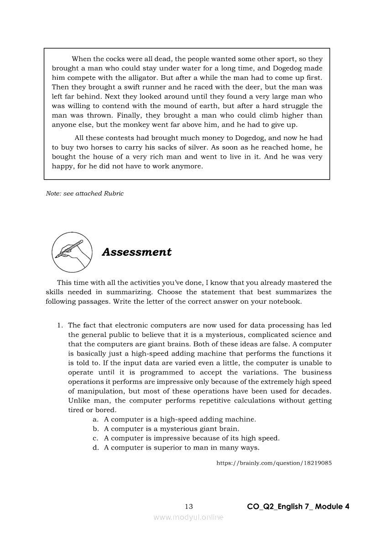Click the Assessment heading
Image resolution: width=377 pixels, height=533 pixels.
(x=136, y=252)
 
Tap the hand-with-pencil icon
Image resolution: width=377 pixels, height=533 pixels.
(x=72, y=252)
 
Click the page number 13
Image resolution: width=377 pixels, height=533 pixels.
(x=189, y=507)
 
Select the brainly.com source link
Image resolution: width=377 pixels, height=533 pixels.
(x=273, y=463)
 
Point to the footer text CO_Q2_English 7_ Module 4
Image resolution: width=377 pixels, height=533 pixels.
(x=298, y=507)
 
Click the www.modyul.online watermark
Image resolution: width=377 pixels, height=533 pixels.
(x=188, y=517)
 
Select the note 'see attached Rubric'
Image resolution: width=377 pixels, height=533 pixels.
(x=85, y=193)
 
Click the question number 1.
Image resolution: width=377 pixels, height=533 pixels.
(x=59, y=325)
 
